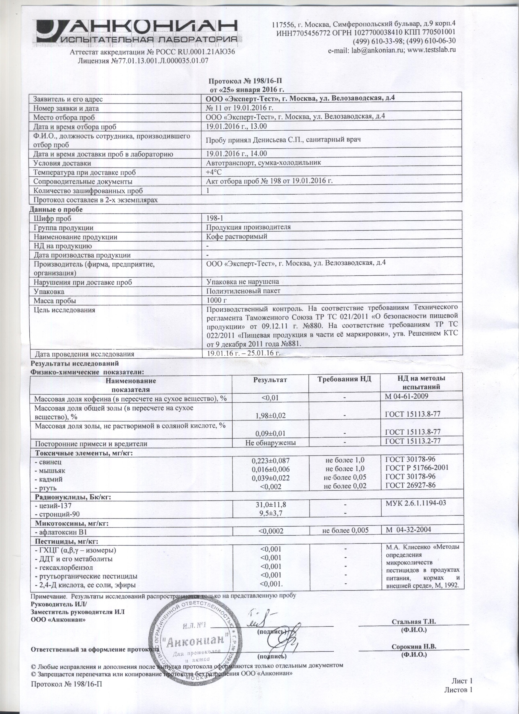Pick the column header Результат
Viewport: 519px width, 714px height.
pyautogui.click(x=270, y=380)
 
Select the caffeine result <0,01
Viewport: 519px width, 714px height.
pyautogui.click(x=270, y=398)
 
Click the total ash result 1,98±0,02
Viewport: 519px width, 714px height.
pyautogui.click(x=270, y=416)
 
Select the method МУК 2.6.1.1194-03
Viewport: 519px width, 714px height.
pyautogui.click(x=416, y=503)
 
